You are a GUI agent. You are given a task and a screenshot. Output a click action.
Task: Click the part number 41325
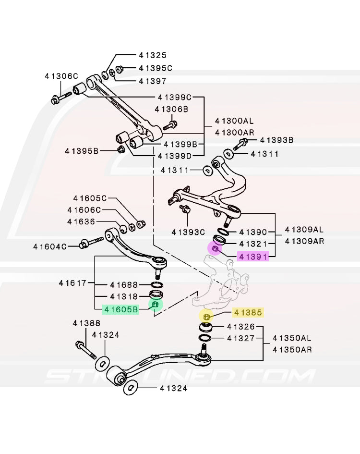153,55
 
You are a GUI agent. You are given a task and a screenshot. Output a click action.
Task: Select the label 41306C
61,76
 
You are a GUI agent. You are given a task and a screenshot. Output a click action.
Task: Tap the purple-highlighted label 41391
252,257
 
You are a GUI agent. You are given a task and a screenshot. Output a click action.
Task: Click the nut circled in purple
215,249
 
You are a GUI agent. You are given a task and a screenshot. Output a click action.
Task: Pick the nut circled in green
155,305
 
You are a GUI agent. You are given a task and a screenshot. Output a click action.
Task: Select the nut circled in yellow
206,317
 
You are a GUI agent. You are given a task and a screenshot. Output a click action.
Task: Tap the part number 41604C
49,246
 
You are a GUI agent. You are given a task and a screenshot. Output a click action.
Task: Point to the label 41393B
276,140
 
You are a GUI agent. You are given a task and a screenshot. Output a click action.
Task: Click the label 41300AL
235,121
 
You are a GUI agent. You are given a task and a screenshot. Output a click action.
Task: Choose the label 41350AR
292,350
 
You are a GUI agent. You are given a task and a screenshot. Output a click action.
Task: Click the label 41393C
188,233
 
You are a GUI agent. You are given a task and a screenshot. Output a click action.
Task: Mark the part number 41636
81,222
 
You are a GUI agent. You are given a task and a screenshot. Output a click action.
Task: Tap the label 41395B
82,151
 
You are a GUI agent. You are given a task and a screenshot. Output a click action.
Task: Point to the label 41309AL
304,229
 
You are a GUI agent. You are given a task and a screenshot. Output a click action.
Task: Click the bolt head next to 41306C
55,101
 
